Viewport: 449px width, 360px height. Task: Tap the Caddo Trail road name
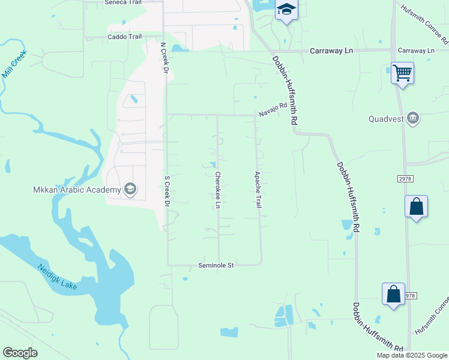click(x=124, y=37)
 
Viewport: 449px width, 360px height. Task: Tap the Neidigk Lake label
click(x=57, y=276)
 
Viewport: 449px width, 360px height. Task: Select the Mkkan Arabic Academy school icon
click(x=130, y=190)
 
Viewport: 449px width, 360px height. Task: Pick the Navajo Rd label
click(x=273, y=110)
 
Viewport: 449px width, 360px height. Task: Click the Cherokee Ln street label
click(x=217, y=190)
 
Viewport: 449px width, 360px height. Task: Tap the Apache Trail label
click(x=258, y=190)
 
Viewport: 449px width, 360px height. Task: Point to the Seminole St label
click(x=215, y=265)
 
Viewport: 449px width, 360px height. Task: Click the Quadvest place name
click(x=385, y=118)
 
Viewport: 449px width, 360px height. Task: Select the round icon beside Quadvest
click(x=412, y=118)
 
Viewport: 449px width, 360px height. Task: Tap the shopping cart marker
click(x=402, y=73)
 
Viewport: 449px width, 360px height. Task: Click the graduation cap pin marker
click(x=286, y=10)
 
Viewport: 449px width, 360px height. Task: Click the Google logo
click(x=20, y=353)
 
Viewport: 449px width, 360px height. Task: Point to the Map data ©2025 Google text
click(x=412, y=355)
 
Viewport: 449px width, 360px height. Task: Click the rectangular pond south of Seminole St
click(x=229, y=332)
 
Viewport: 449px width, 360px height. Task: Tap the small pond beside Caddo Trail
click(x=178, y=47)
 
